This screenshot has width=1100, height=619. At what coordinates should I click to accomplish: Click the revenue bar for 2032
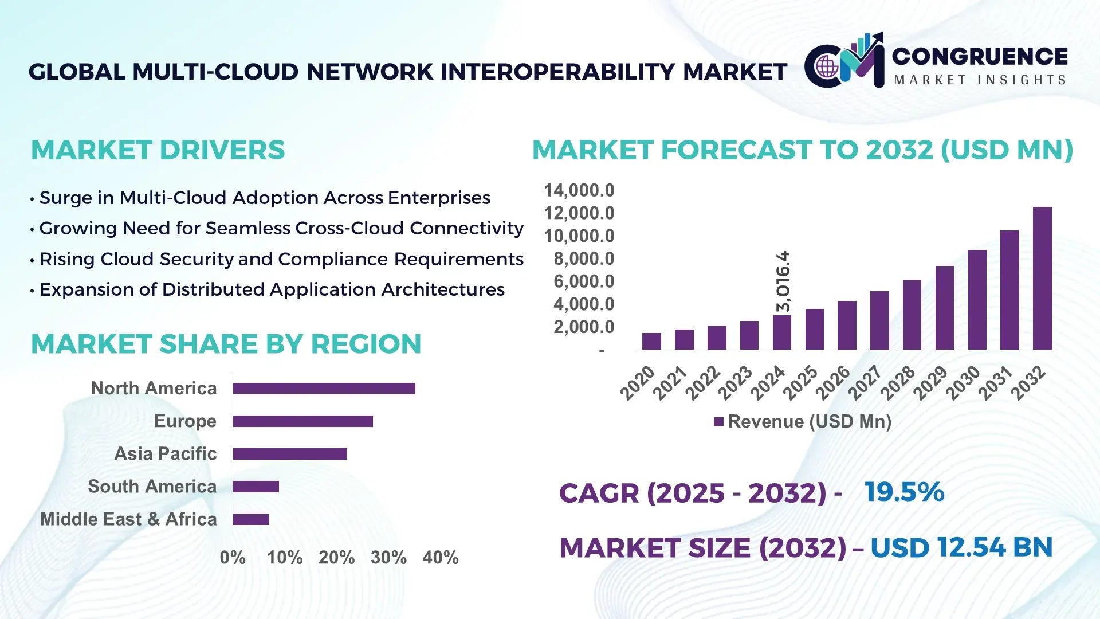pos(1042,279)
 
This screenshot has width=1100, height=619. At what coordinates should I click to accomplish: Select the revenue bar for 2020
pos(651,341)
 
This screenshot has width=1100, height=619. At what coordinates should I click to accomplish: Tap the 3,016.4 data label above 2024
pos(783,281)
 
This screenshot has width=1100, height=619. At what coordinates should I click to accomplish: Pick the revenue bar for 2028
pos(912,315)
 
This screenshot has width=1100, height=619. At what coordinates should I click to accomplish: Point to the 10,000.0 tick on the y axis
pos(579,236)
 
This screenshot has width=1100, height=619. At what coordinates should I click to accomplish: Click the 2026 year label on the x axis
pos(833,382)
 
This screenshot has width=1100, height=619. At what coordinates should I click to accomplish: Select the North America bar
pos(324,389)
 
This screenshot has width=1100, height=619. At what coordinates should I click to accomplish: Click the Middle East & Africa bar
pos(251,519)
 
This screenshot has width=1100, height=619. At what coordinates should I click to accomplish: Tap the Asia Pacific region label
pos(166,453)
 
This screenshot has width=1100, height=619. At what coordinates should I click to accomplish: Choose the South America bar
pos(256,487)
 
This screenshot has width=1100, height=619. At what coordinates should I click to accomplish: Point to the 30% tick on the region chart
pos(388,557)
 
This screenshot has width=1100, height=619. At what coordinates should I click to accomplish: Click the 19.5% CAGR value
pos(904,492)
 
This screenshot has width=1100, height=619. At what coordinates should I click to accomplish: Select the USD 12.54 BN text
pos(961,547)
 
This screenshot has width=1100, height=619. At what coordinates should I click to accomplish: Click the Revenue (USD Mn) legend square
pos(718,422)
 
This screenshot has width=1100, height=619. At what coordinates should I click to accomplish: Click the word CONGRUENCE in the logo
pos(980,56)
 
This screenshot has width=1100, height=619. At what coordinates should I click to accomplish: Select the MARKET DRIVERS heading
pos(158,150)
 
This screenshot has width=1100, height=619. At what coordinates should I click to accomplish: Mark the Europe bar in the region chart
pos(302,421)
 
